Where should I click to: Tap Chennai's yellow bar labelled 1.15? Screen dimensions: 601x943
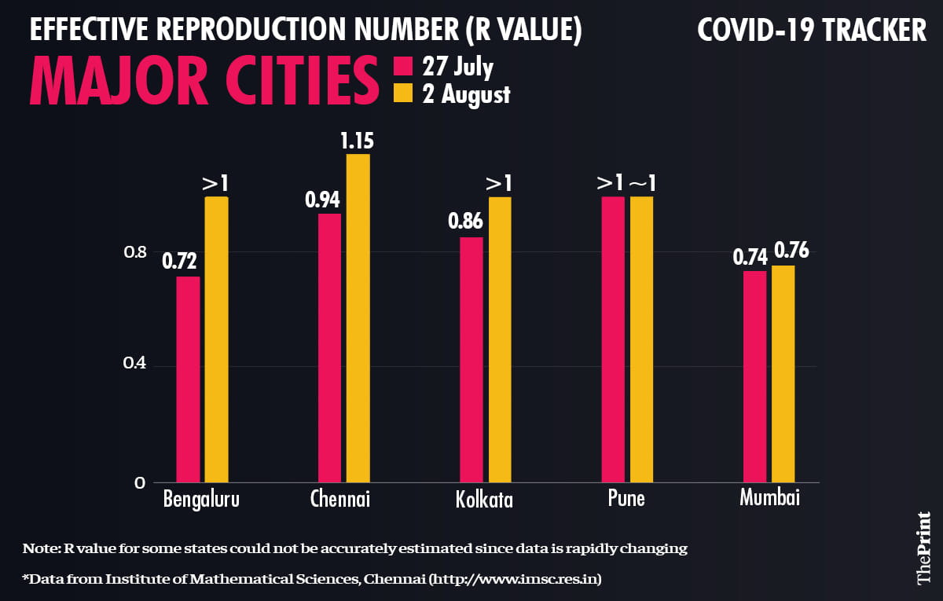click(x=358, y=318)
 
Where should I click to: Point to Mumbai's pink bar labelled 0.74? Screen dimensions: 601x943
click(x=754, y=376)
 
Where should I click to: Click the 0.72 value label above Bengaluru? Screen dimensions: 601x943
click(x=180, y=261)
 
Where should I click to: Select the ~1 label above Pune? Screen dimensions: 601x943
click(x=642, y=183)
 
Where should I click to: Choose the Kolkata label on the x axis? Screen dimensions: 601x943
click(x=484, y=500)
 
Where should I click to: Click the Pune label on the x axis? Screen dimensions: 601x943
click(x=626, y=498)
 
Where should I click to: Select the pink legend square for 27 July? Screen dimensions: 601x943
click(x=402, y=66)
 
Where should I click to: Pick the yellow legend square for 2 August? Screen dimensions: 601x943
click(x=402, y=94)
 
